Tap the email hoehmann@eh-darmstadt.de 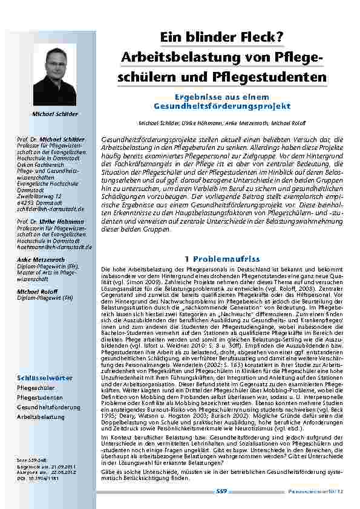54,247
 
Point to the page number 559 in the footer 221,491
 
